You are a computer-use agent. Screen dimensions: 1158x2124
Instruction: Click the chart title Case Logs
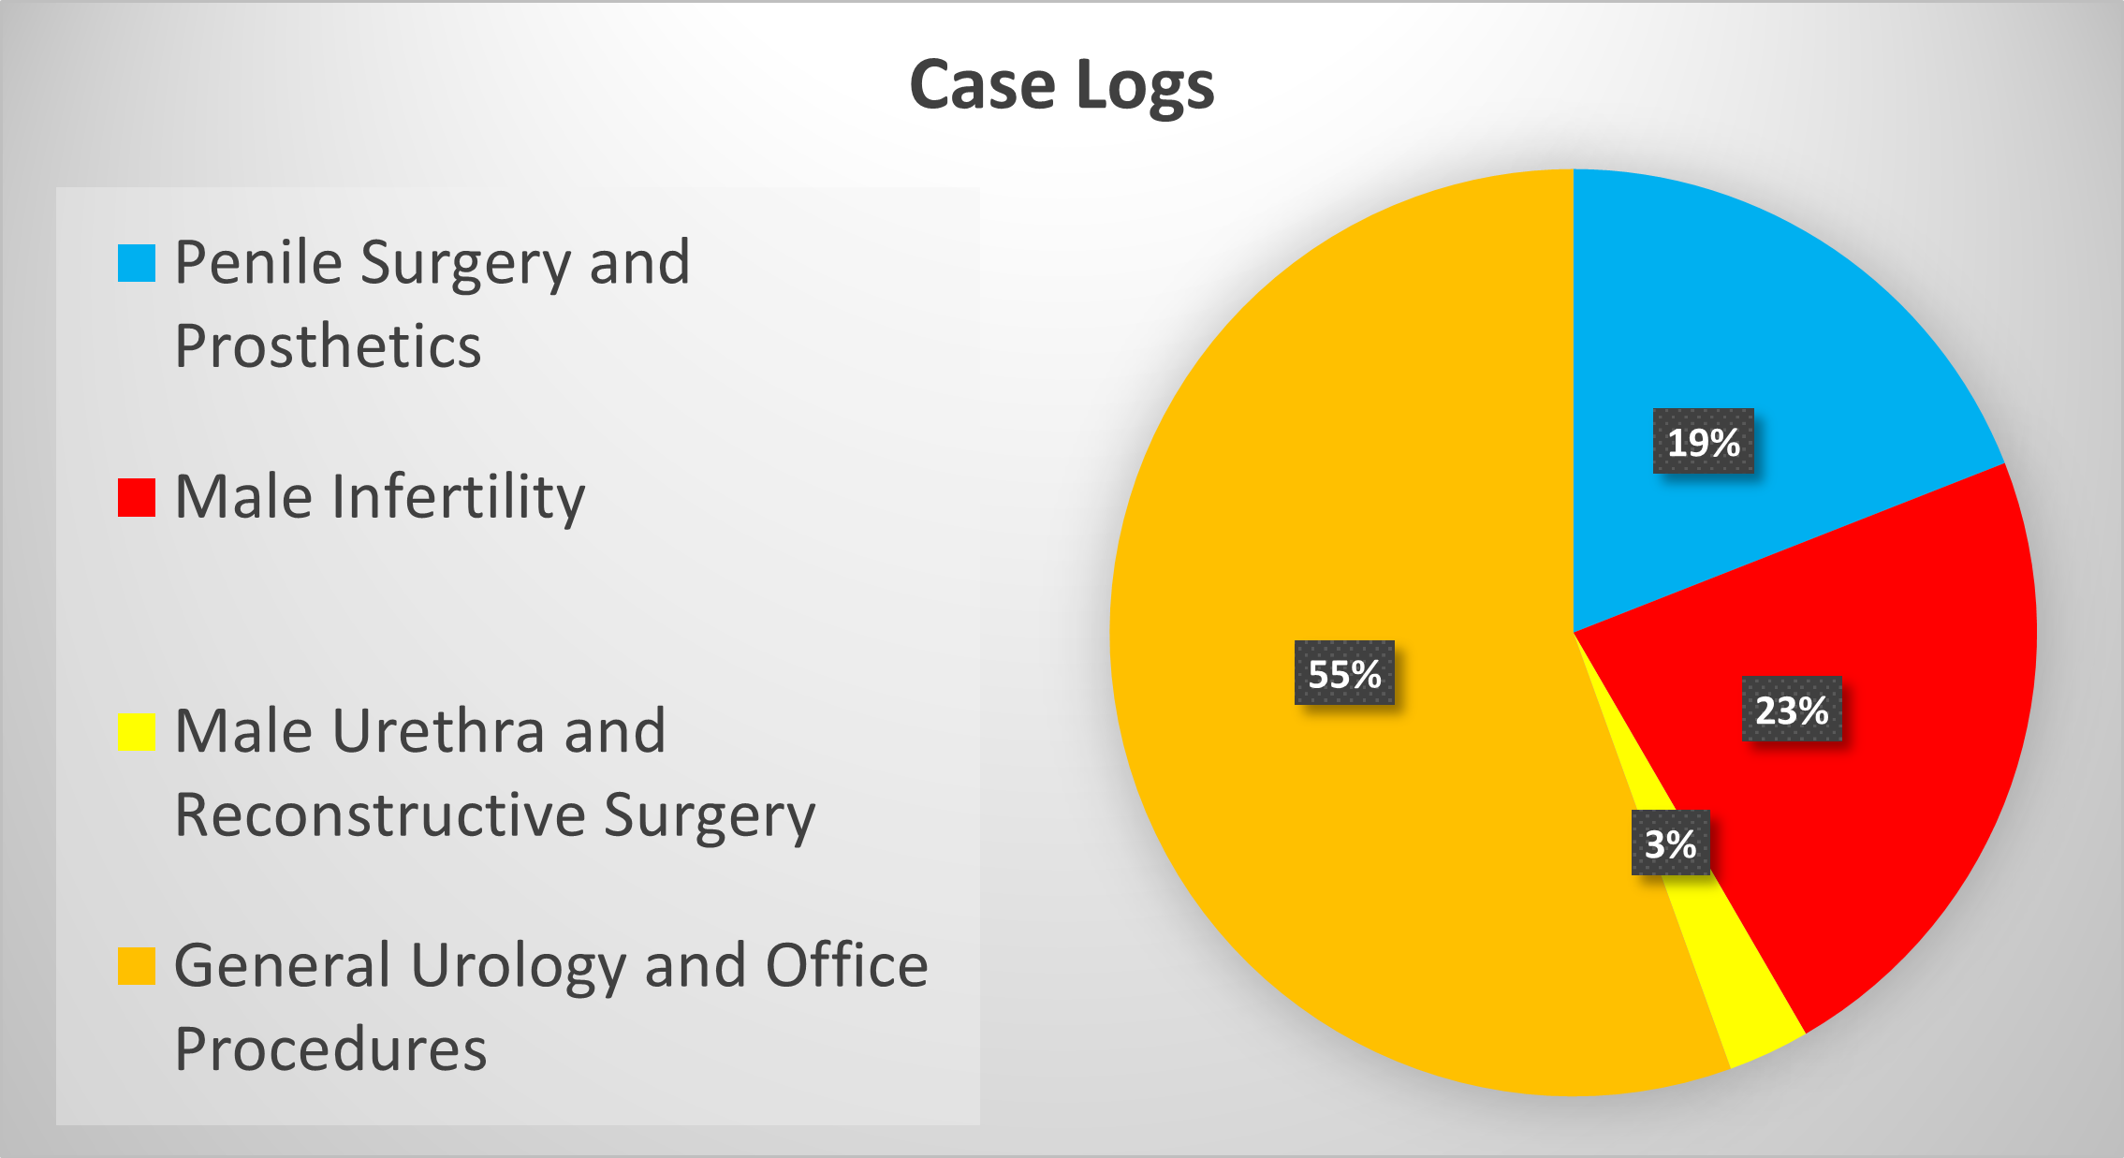click(1062, 85)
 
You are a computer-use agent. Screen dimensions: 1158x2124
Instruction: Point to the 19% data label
click(1703, 442)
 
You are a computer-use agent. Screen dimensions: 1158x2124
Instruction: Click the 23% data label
click(1792, 710)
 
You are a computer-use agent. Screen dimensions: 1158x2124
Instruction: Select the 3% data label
click(1670, 843)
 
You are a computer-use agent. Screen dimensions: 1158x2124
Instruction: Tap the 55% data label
click(1344, 673)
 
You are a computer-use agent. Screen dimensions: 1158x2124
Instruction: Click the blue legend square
click(136, 263)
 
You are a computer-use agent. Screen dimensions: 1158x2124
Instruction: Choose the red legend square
click(136, 497)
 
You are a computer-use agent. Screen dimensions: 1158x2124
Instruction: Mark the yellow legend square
click(136, 731)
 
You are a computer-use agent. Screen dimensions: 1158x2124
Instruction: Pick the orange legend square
click(136, 966)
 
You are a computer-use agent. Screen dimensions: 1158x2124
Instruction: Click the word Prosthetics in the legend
click(328, 346)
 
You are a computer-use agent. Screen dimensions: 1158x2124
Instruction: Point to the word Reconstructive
click(379, 814)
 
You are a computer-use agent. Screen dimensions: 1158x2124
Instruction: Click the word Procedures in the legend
click(330, 1048)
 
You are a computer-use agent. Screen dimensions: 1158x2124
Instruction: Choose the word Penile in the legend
click(258, 262)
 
